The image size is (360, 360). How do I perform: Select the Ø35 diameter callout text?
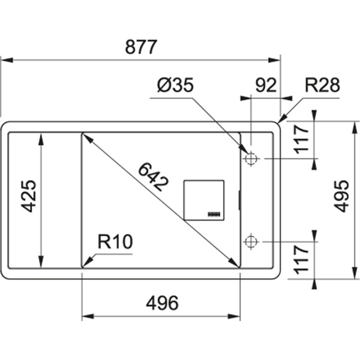[x=175, y=86]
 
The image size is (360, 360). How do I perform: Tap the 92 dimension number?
[x=266, y=85]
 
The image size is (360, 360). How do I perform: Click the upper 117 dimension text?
[x=302, y=137]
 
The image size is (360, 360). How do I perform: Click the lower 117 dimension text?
[x=302, y=259]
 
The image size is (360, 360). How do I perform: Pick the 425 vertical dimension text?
[x=29, y=197]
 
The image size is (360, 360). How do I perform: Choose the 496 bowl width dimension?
[x=162, y=304]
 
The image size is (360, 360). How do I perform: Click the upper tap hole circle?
[x=251, y=159]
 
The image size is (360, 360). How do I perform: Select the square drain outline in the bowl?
[x=203, y=199]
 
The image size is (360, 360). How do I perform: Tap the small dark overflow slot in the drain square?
[x=214, y=213]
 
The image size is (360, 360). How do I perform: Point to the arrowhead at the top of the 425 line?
[x=41, y=137]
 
